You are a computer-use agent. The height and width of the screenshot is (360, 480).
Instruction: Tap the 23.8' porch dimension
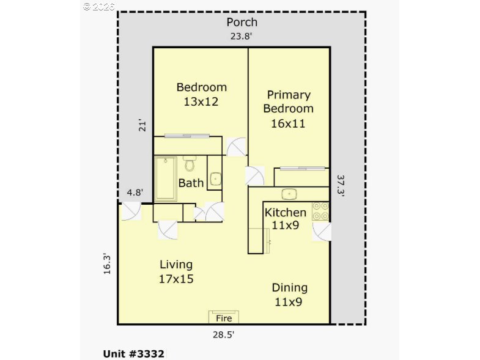pyautogui.click(x=241, y=36)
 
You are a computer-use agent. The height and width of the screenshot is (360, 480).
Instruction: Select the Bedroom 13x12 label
pyautogui.click(x=201, y=94)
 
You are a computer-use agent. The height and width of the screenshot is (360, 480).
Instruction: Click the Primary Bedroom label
pyautogui.click(x=288, y=109)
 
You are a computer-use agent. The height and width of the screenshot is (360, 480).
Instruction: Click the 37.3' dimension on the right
pyautogui.click(x=341, y=185)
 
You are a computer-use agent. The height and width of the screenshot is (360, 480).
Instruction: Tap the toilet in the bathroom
pyautogui.click(x=189, y=164)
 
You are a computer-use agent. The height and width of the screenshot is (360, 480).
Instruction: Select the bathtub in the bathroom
pyautogui.click(x=165, y=178)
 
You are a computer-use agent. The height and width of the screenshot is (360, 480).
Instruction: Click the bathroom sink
pyautogui.click(x=215, y=180)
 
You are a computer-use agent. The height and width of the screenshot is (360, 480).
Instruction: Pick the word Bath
pyautogui.click(x=191, y=183)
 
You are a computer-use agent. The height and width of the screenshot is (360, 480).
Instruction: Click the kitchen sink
pyautogui.click(x=289, y=194)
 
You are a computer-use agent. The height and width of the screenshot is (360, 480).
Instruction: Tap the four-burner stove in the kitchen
pyautogui.click(x=320, y=211)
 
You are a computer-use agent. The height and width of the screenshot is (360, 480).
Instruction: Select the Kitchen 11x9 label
pyautogui.click(x=285, y=218)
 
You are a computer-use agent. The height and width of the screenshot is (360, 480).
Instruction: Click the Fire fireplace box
pyautogui.click(x=224, y=317)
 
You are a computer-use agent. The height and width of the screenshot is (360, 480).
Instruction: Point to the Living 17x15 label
pyautogui.click(x=176, y=271)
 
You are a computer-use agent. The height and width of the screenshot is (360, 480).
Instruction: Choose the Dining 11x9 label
pyautogui.click(x=289, y=294)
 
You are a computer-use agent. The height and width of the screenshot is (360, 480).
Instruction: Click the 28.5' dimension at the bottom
pyautogui.click(x=224, y=334)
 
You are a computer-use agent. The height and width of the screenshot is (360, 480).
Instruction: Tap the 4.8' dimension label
pyautogui.click(x=135, y=193)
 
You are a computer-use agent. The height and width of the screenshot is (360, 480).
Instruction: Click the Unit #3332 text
pyautogui.click(x=133, y=353)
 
